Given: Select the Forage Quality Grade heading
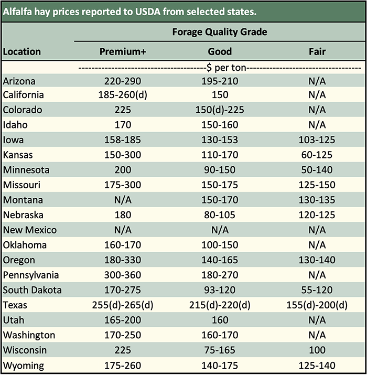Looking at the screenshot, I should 220,32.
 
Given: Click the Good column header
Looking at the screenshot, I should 220,52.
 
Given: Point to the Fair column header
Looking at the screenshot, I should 317,52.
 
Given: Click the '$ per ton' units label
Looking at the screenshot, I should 220,68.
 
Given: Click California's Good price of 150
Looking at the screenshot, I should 220,95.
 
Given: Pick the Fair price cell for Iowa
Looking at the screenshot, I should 317,140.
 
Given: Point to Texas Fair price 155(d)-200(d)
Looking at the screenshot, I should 317,305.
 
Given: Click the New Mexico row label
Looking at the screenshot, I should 29,230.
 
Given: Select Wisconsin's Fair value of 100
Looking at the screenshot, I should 317,350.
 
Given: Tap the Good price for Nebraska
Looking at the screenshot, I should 220,215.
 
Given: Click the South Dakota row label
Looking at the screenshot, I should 32,291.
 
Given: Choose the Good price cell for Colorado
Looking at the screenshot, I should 220,110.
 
